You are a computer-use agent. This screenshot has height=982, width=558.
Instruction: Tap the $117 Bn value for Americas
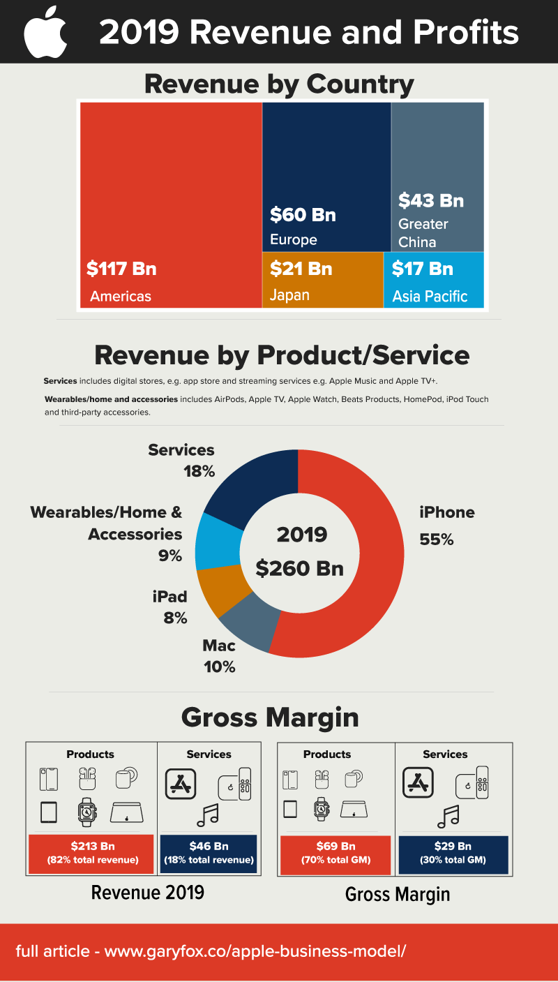pos(121,269)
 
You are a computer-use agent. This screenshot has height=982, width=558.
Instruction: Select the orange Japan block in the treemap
pos(322,280)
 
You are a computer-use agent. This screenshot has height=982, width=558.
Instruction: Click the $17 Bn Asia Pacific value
pos(422,269)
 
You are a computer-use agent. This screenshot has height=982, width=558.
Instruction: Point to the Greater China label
pos(423,233)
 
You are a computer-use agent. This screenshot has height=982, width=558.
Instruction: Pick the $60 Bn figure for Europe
pos(303,214)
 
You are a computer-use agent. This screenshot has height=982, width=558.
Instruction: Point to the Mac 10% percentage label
pos(219,667)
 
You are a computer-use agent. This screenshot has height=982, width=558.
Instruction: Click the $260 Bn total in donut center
pos(299,568)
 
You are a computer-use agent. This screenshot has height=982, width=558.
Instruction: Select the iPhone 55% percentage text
pos(436,540)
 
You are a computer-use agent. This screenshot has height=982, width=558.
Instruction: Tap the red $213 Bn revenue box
pos(92,853)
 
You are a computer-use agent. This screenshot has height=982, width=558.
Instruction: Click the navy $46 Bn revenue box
pos(209,853)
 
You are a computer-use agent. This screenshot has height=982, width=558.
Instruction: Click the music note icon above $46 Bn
pos(208,813)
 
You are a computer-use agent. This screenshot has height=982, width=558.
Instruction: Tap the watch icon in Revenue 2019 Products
pos(86,812)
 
